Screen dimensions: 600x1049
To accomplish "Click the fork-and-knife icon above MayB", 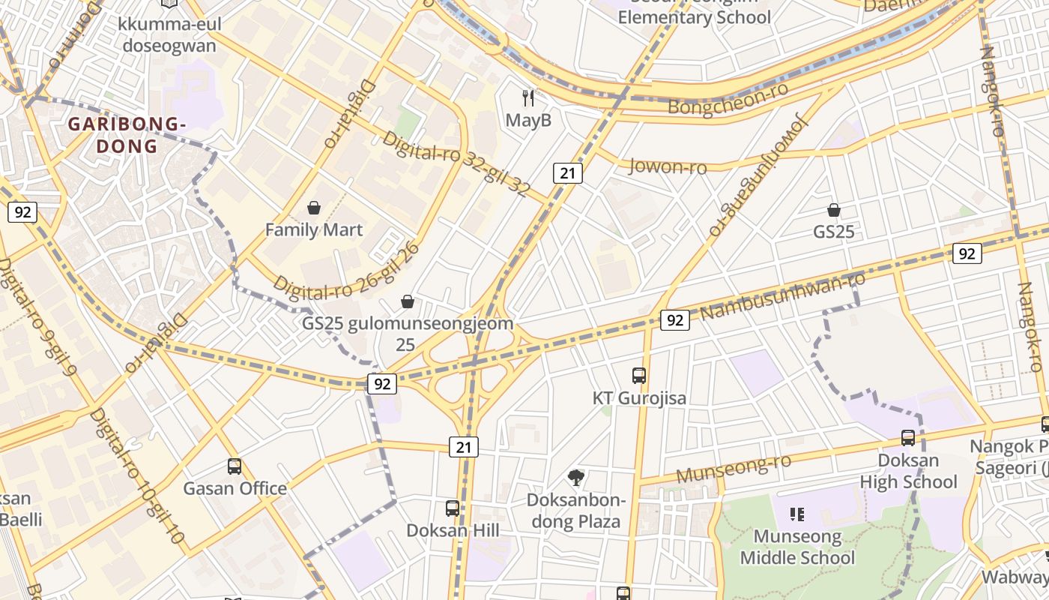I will [529, 97].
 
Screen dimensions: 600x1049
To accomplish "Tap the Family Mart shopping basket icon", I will [314, 207].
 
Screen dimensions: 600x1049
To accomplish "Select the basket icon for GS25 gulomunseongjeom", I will [408, 301].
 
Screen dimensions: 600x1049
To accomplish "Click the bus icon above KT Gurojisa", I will [639, 376].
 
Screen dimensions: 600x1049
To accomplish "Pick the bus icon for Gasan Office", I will [235, 466].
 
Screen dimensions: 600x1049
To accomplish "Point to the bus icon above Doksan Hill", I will [453, 508].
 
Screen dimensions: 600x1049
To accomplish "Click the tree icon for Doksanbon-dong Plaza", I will [576, 477].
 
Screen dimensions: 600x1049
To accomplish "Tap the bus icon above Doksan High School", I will [908, 438].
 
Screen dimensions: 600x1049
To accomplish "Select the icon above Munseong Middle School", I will [797, 514].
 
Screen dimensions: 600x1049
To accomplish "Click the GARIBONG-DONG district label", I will [127, 135].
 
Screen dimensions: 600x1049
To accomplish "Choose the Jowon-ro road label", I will [667, 166].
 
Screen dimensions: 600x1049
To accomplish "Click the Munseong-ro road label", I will [734, 469].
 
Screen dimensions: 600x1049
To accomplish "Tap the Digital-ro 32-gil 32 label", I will [456, 163].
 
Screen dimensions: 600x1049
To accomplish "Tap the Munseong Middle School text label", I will [797, 547].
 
